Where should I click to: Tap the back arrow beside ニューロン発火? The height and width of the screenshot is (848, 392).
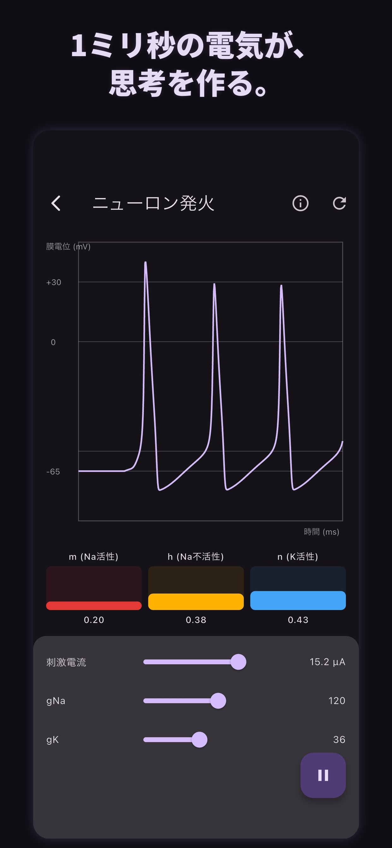[x=56, y=203]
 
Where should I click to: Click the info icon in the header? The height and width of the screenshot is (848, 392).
[x=300, y=203]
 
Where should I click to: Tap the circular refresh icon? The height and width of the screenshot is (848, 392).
[x=339, y=203]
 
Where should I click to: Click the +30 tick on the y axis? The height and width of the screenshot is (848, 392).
[x=54, y=282]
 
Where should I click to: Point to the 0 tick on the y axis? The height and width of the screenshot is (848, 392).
[x=53, y=342]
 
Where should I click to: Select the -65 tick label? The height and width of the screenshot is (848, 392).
[x=53, y=472]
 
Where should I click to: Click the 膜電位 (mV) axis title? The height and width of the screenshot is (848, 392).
[x=68, y=247]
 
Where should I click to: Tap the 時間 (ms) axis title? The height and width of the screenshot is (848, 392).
[x=322, y=532]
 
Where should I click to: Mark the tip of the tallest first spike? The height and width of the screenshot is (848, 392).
[x=145, y=262]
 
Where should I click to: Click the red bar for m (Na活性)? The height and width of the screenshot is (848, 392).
[x=94, y=606]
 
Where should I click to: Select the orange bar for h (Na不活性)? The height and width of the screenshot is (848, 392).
[x=196, y=602]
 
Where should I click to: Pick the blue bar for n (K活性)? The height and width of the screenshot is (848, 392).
[x=298, y=600]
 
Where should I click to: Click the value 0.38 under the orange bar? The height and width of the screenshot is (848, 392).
[x=196, y=620]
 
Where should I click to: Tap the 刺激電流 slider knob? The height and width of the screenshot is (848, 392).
[x=238, y=662]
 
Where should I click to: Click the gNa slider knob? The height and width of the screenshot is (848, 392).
[x=218, y=701]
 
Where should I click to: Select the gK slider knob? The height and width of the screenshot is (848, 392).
[x=199, y=739]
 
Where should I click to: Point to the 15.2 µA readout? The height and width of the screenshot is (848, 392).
[x=327, y=662]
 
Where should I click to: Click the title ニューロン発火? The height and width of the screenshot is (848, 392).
[x=153, y=203]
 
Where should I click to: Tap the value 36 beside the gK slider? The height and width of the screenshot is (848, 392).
[x=339, y=739]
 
